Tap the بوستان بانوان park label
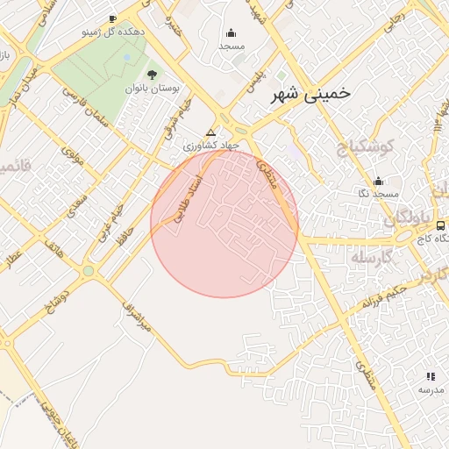[153, 89]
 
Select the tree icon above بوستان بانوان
[153, 75]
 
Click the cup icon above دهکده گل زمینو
[112, 18]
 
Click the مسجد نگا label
[378, 193]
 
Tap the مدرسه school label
[431, 388]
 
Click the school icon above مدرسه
[431, 374]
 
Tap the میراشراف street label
[136, 317]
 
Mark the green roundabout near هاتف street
[89, 272]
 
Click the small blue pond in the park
[127, 57]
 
